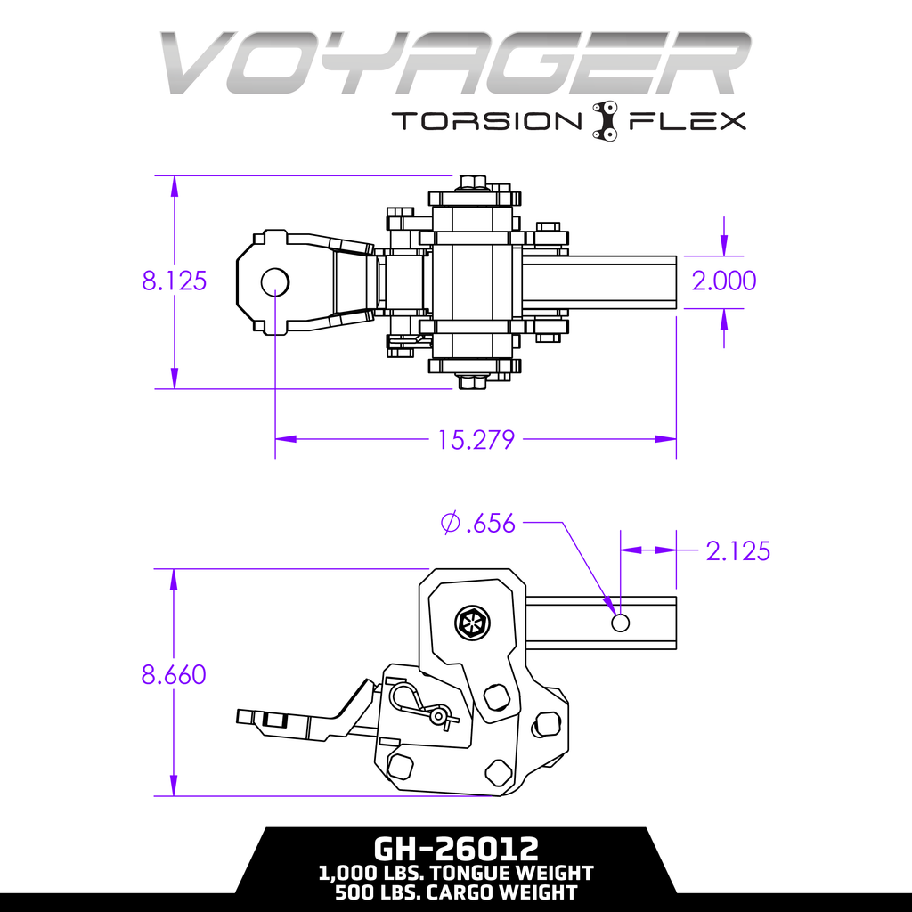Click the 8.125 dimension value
pos(175,281)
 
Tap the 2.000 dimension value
pos(724,281)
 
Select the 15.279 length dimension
pos(476,439)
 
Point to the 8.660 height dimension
pos(174,674)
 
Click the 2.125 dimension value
pos(737,551)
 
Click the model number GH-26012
pos(455,845)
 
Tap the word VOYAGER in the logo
pos(455,64)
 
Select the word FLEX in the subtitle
pos(688,121)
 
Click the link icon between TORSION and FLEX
pos(606,120)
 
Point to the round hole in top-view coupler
pos(274,281)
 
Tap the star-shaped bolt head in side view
pos(471,623)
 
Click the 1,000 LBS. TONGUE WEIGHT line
pos(455,873)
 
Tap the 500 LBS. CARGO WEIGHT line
pos(455,892)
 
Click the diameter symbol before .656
pos(450,524)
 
